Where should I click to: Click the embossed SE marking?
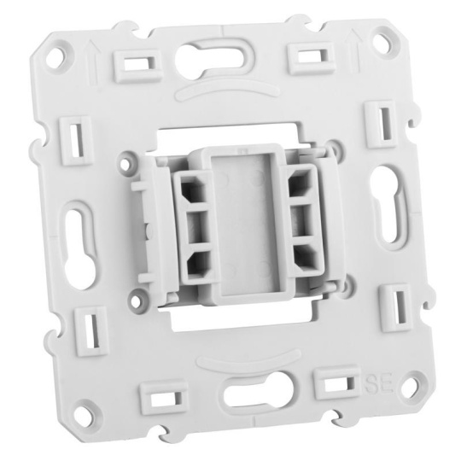379,382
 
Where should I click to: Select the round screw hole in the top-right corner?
385,39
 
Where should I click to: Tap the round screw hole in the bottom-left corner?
86,414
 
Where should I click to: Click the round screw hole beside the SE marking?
414,383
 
